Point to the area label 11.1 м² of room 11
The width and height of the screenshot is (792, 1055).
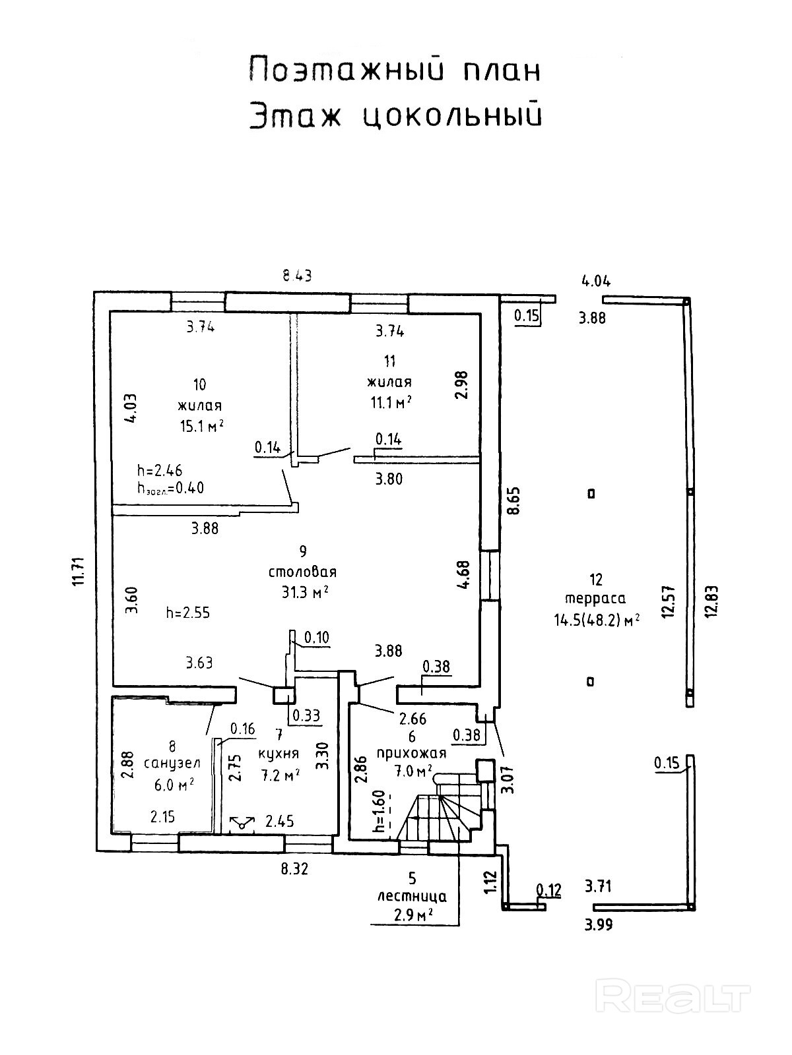[x=391, y=402]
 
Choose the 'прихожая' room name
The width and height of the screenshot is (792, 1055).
[x=411, y=753]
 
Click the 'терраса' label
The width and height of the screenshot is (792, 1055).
[x=595, y=599]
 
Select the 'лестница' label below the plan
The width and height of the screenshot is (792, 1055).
[x=412, y=896]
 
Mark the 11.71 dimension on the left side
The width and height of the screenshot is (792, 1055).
[x=79, y=571]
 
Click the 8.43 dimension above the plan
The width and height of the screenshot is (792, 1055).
[x=296, y=276]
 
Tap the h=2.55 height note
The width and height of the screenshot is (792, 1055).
[x=188, y=613]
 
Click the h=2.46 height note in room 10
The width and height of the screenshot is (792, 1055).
[x=160, y=470]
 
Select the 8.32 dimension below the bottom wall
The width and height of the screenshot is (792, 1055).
[x=294, y=869]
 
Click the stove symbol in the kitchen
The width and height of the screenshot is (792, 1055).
[x=242, y=823]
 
